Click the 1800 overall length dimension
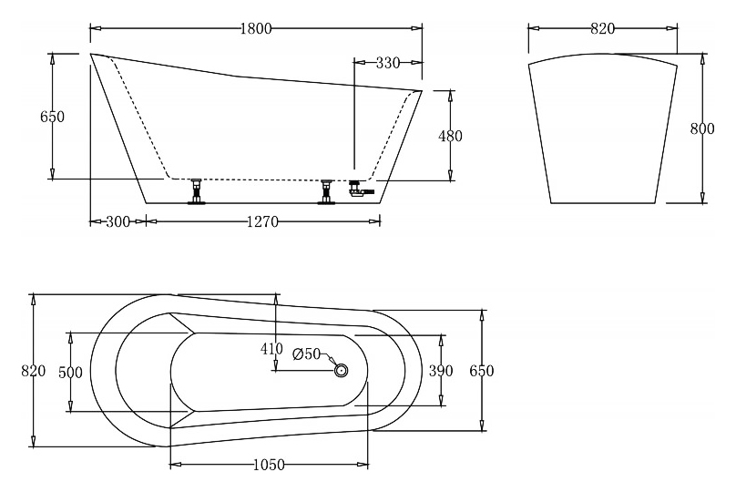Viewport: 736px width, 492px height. tap(256, 28)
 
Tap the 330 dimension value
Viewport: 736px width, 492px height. tap(388, 63)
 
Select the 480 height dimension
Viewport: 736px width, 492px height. tap(450, 136)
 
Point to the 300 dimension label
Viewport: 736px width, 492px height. tap(118, 221)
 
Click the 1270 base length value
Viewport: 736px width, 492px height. tap(263, 221)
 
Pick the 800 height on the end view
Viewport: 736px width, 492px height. tap(702, 128)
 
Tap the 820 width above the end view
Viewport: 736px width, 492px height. tap(602, 28)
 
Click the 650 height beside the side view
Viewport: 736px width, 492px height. tap(52, 117)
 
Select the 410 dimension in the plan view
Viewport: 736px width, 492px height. tap(271, 349)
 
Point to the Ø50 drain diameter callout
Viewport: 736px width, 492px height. tap(306, 354)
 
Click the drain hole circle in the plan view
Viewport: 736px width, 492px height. tap(342, 371)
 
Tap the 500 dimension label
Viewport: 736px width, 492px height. tap(70, 373)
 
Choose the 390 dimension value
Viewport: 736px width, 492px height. tap(441, 371)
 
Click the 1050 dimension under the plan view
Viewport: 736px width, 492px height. tap(269, 465)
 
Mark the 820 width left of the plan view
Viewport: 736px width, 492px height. tap(34, 371)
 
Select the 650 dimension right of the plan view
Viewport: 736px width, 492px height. tap(482, 371)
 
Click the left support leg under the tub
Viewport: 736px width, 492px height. tap(196, 191)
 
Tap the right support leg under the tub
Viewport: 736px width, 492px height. tap(325, 191)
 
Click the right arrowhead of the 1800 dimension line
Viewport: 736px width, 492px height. tap(417, 28)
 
